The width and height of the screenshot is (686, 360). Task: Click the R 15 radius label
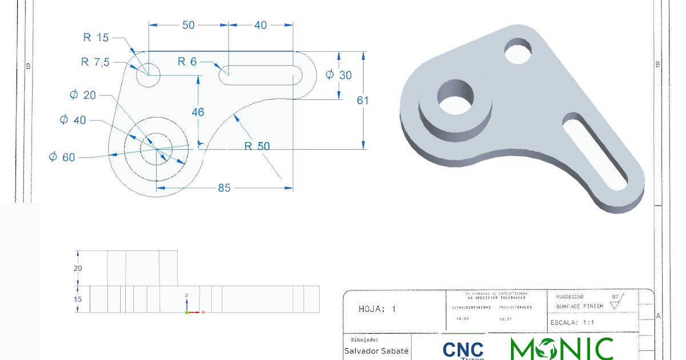(95, 38)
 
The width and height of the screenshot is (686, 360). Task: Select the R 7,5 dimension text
(95, 62)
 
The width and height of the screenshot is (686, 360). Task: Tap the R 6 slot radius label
(187, 62)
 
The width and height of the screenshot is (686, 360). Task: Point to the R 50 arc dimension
(257, 146)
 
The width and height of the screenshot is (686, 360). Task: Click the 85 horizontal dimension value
(224, 187)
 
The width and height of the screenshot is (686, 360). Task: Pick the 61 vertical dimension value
(362, 100)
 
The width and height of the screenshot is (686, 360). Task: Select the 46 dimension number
(198, 112)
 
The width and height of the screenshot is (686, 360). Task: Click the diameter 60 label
(62, 157)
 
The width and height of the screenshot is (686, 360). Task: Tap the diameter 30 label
(339, 75)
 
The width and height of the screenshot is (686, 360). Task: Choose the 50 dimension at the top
(188, 25)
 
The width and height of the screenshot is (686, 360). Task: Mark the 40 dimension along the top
(260, 25)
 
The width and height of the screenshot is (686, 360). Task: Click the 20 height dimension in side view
(78, 268)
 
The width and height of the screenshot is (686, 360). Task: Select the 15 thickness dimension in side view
(78, 299)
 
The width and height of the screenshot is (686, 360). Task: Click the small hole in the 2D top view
(148, 74)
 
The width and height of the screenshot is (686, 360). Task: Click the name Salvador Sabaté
(376, 351)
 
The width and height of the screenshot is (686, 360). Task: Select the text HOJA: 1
(377, 309)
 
